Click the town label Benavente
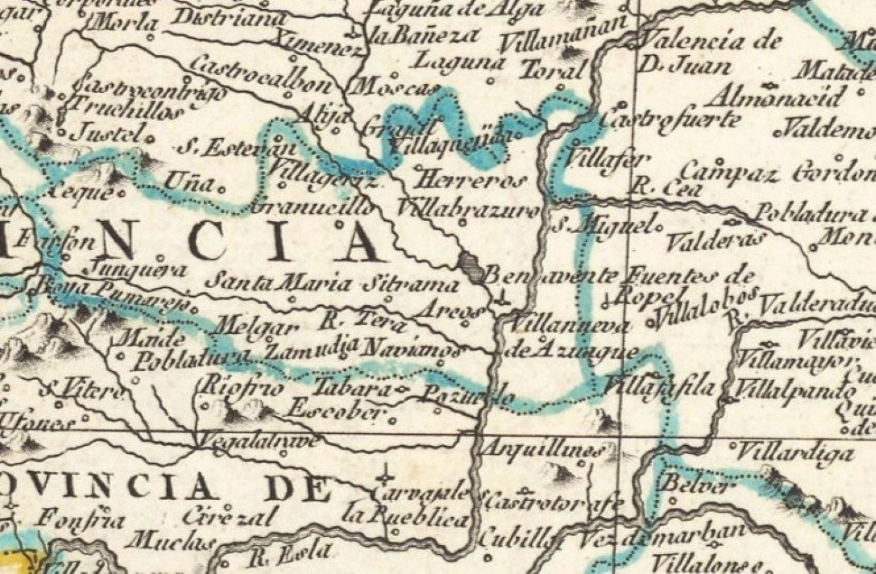coord(552,274)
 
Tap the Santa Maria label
coord(279,282)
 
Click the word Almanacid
coord(778,97)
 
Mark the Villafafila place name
coord(659,389)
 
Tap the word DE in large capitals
coord(300,488)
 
